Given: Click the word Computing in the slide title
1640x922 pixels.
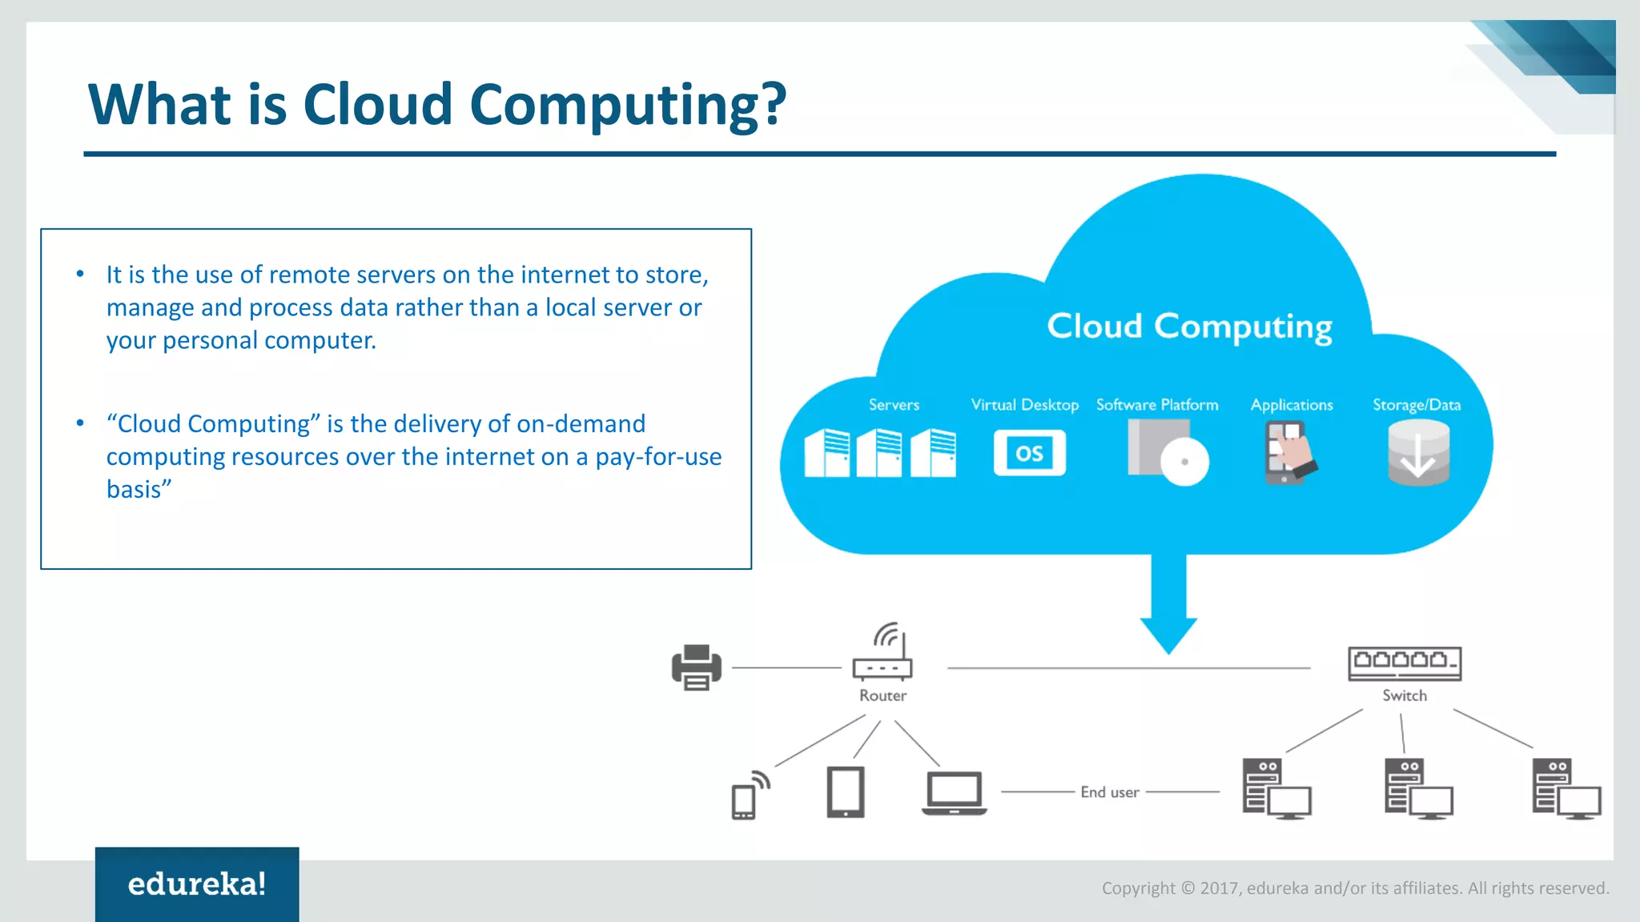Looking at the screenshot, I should point(628,106).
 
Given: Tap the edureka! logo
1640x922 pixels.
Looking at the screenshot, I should point(197,884).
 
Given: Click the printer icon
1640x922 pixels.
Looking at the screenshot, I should point(696,667).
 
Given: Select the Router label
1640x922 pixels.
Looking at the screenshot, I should point(882,696).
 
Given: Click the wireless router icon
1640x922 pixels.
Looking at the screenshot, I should point(883,652).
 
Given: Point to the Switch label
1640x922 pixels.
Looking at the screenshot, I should point(1404,696).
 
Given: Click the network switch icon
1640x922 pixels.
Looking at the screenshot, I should point(1404,663).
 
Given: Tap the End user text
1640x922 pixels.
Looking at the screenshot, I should point(1109,792).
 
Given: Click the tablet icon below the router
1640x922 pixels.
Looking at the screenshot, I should point(845,792).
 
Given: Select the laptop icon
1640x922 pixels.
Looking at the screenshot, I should point(954,792).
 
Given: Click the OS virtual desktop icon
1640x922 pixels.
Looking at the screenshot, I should point(1029,453).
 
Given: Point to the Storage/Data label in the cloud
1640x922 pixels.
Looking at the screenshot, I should point(1416,405).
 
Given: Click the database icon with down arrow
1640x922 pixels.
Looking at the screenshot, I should point(1417,453).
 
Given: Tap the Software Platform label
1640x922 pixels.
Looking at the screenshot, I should point(1157,405).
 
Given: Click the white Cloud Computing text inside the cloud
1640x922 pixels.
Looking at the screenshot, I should point(1189,327).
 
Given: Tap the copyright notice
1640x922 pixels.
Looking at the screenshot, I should point(1355,888).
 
